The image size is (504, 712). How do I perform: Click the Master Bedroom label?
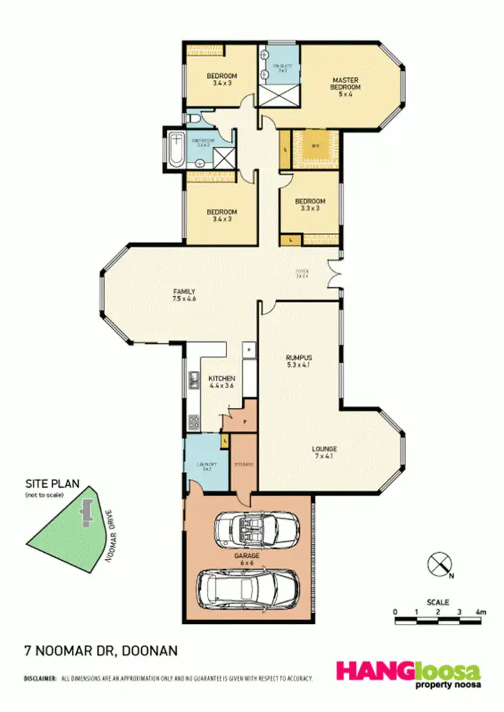coord(346,87)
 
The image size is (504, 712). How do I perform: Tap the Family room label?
coord(184,295)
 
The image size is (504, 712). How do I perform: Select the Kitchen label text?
coord(221,382)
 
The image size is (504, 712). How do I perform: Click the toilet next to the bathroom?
coord(193,119)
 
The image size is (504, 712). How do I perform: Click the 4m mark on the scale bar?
coord(480,612)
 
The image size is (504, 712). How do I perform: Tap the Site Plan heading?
coord(48,484)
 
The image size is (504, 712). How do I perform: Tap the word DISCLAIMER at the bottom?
coord(40,680)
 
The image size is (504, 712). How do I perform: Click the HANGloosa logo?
coord(408,673)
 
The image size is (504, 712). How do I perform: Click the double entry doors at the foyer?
coord(333,275)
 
